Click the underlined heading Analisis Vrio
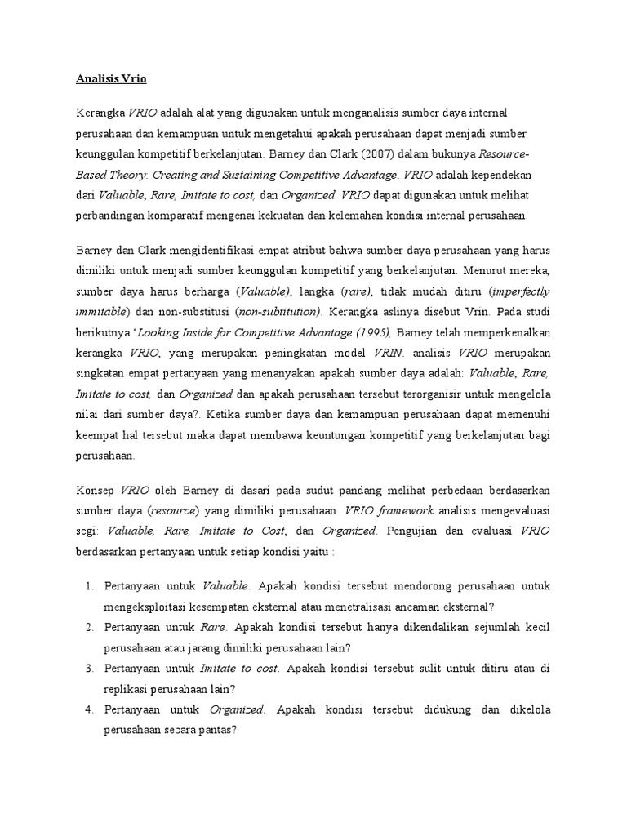pos(111,79)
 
